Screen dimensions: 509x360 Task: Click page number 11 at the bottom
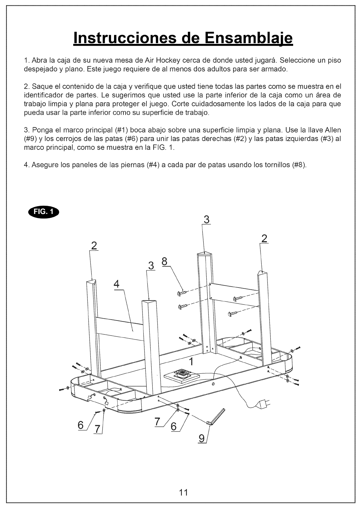pyautogui.click(x=183, y=492)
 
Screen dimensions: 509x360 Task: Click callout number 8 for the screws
pyautogui.click(x=165, y=261)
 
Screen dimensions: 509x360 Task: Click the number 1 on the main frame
pyautogui.click(x=191, y=361)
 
